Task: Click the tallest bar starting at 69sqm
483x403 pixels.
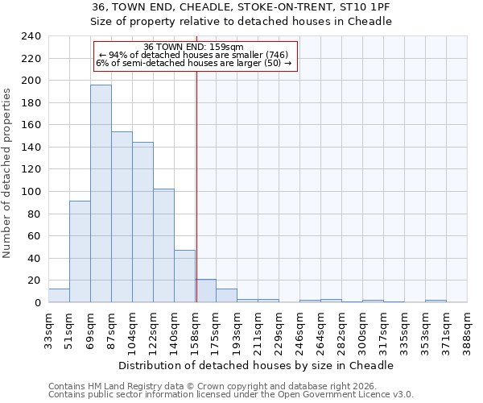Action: pos(101,193)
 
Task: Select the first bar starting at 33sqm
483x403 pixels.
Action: pos(59,296)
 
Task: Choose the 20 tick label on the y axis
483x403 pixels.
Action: pos(34,280)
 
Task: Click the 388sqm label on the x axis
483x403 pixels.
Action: pos(467,329)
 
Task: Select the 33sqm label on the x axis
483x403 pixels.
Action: pos(48,329)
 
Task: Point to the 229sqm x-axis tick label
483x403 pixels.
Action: pos(279,329)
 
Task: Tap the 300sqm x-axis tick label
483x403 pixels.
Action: pos(362,329)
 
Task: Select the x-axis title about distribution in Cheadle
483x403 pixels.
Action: pos(261,365)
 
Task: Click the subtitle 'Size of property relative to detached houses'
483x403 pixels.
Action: pos(241,22)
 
